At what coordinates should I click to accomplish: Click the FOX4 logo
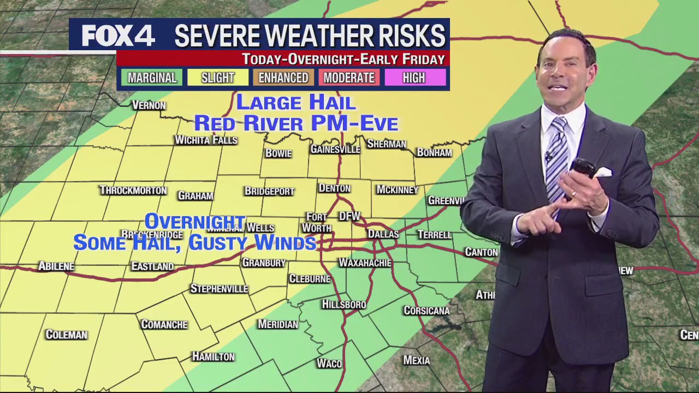[119, 36]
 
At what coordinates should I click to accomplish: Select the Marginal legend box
[152, 78]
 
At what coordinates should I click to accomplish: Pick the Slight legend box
[217, 78]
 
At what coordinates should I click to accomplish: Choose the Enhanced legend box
[283, 78]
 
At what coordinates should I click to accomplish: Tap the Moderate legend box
[349, 78]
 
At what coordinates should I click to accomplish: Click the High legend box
[414, 78]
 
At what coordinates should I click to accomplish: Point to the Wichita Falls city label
[206, 140]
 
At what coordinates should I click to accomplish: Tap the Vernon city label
[149, 105]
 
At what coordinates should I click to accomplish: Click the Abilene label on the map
[56, 266]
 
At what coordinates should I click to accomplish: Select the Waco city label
[329, 364]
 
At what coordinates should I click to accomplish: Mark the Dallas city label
[383, 234]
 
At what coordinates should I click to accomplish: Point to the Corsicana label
[426, 311]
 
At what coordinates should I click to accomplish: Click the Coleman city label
[66, 335]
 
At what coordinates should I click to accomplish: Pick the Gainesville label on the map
[335, 149]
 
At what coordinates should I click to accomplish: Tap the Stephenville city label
[219, 289]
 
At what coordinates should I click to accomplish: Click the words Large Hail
[295, 102]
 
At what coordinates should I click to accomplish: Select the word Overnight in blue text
[195, 221]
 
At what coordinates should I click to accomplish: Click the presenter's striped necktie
[556, 158]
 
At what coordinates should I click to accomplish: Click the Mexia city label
[416, 360]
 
